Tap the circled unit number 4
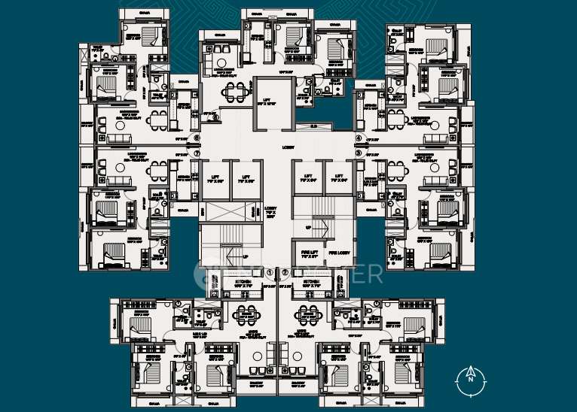point(359,138)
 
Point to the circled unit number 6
point(197,138)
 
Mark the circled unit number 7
point(197,153)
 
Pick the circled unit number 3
point(359,153)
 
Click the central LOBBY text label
point(288,147)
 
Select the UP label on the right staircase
point(308,226)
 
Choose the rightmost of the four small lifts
point(338,179)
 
